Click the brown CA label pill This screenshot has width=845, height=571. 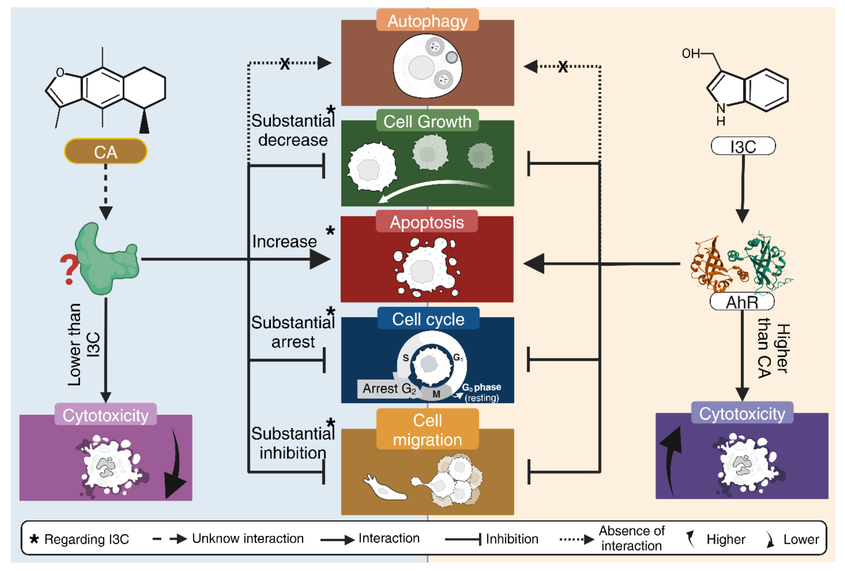105,152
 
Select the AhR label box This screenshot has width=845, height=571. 742,302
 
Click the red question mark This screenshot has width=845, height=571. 69,269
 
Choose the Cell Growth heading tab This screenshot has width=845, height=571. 427,121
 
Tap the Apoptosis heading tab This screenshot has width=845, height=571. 427,222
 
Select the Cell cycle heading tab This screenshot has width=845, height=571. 428,319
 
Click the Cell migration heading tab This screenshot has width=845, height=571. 427,430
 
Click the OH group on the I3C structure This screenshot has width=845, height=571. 690,54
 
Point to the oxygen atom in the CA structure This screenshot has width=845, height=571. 60,72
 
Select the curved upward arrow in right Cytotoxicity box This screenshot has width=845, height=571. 671,458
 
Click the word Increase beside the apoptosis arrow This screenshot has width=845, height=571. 284,242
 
